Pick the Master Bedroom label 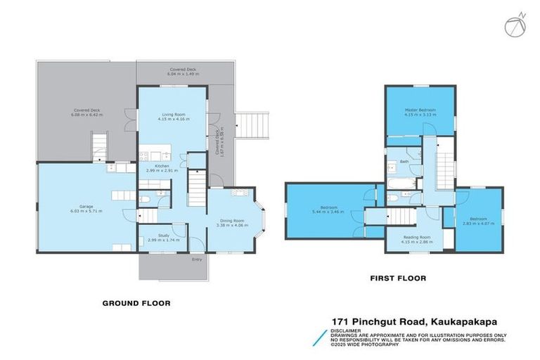[x=420, y=110]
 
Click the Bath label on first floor [x=404, y=161]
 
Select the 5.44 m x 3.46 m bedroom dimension [x=329, y=212]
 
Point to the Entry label [x=196, y=259]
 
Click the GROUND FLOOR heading [x=136, y=304]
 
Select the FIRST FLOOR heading [x=398, y=278]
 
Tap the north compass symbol [x=513, y=25]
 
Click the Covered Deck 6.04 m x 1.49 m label [x=182, y=71]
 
